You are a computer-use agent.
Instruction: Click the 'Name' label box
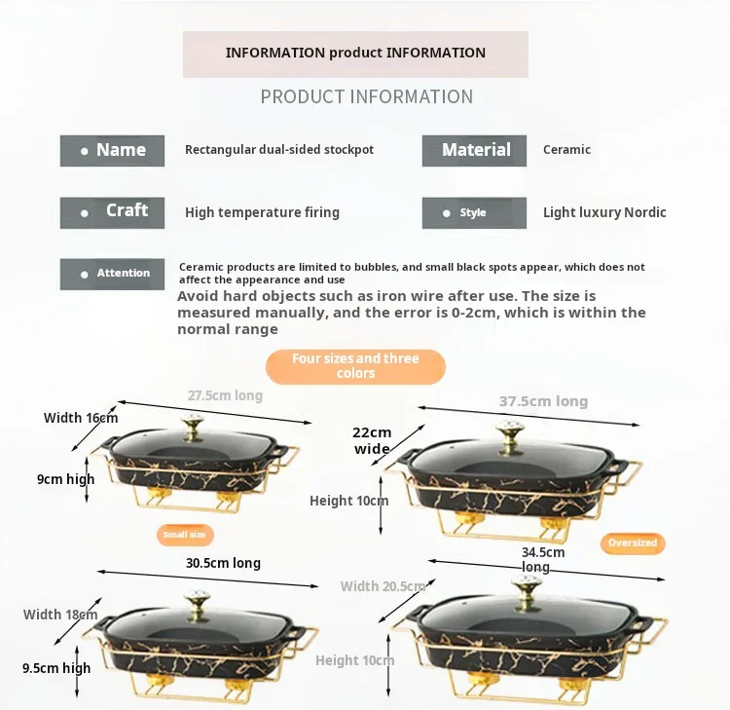tap(112, 151)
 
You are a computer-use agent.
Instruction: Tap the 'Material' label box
tap(474, 151)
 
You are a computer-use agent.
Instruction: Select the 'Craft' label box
tap(112, 212)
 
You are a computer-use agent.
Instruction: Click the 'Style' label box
tap(474, 213)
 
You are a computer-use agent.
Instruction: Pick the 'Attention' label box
tap(112, 274)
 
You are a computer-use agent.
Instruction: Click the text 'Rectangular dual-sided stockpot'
tap(279, 150)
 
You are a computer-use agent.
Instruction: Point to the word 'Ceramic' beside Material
tap(566, 150)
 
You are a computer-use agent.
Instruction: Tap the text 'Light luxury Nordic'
tap(604, 212)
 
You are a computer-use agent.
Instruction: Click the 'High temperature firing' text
tap(262, 212)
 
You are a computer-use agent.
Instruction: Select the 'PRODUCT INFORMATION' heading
tap(366, 97)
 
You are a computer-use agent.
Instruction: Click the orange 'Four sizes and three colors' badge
tap(355, 366)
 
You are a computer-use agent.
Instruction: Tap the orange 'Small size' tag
tap(184, 535)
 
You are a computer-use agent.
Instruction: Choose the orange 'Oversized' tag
tap(633, 542)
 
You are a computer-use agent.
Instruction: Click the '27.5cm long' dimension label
tap(225, 396)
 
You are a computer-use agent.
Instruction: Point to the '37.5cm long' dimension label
tap(543, 401)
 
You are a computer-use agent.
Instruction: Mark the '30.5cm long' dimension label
tap(223, 563)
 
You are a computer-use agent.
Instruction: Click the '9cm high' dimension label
tap(66, 479)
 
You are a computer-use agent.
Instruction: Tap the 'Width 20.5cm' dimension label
tap(383, 586)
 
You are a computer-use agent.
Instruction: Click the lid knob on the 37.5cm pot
tap(510, 432)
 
